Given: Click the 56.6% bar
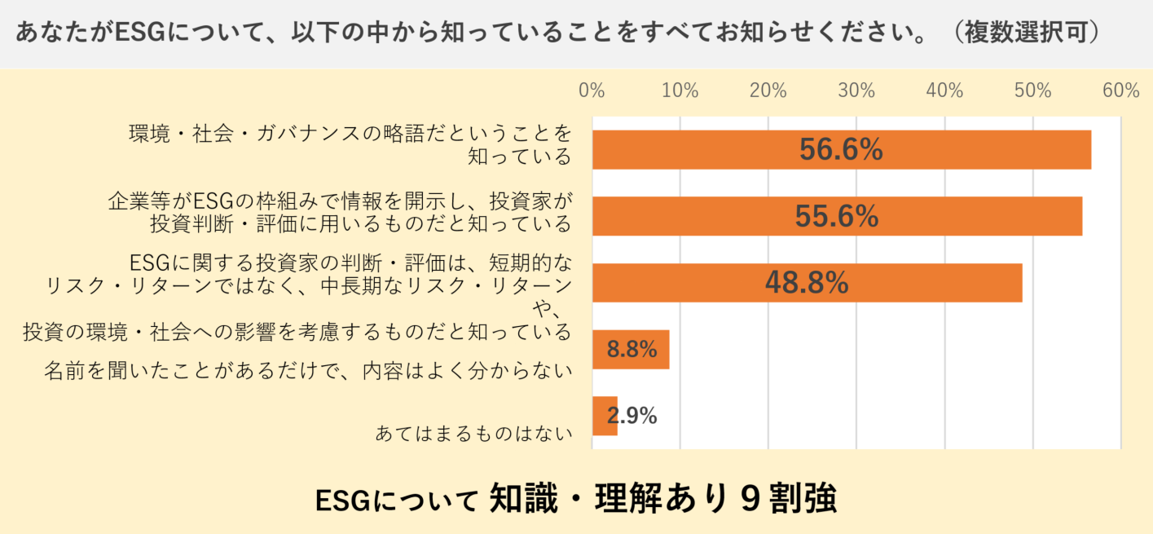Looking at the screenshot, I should pos(841,150).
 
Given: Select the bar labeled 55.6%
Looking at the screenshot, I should pos(837,216).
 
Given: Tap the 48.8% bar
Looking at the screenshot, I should pos(807,283).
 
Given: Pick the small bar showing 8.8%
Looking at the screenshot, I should pos(631,350).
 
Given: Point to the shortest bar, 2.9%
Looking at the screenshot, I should pos(605,416).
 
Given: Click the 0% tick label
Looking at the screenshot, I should pos(592,90).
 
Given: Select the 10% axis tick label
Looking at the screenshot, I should pos(680,90).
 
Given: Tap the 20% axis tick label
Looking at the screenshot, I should pos(768,90).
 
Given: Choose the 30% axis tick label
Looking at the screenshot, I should pos(856,90).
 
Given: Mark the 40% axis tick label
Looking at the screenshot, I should pos(944,90).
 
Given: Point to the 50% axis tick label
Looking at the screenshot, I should pos(1032,90).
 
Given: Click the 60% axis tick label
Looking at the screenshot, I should pos(1120,90).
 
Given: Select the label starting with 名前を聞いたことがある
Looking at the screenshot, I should pos(307,371).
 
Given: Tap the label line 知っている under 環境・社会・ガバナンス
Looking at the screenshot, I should pos(519,156).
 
